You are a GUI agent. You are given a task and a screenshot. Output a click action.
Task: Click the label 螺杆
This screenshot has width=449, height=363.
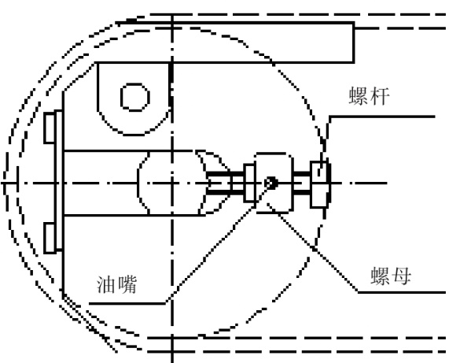click(x=370, y=96)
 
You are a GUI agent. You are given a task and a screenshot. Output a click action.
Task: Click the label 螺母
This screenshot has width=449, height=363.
click(x=391, y=276)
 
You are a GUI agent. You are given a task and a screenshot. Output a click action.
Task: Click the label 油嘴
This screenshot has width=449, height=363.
click(x=117, y=284)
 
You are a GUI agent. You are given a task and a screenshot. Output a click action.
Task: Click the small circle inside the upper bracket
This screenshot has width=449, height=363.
click(x=135, y=97)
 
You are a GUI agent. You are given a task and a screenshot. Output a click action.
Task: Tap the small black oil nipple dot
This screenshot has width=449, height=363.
click(x=271, y=183)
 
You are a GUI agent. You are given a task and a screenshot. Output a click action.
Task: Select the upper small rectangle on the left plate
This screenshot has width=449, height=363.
click(x=50, y=128)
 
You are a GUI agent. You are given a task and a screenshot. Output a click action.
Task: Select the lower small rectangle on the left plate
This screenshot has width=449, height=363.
click(x=50, y=239)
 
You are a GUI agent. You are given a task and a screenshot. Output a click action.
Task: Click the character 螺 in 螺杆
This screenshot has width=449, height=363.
click(x=359, y=96)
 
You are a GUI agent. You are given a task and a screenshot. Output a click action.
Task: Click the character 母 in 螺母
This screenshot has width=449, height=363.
click(x=402, y=276)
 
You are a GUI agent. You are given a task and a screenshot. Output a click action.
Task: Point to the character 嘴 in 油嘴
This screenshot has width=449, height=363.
click(x=127, y=284)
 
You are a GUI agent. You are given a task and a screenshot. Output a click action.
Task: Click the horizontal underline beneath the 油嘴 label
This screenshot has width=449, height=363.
click(x=127, y=303)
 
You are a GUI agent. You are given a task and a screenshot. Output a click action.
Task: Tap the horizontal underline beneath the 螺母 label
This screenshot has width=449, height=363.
click(x=402, y=292)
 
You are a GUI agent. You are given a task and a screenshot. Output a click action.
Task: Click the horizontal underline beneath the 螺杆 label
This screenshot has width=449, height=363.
click(x=382, y=117)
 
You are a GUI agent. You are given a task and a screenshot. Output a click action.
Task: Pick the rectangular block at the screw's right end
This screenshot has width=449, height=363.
click(x=320, y=184)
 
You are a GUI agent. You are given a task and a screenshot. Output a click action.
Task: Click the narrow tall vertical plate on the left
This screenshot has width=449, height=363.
click(x=59, y=180)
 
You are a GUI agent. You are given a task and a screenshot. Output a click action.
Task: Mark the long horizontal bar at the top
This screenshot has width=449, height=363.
click(x=235, y=43)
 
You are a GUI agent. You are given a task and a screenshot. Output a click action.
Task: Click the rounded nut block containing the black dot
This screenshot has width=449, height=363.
click(x=274, y=183)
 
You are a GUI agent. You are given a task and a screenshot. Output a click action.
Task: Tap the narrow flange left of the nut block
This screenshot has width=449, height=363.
click(x=250, y=183)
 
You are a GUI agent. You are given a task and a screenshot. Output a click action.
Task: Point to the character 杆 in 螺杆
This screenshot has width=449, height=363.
click(x=380, y=96)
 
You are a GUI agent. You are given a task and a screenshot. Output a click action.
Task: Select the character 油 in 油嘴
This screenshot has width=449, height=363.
click(x=106, y=284)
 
